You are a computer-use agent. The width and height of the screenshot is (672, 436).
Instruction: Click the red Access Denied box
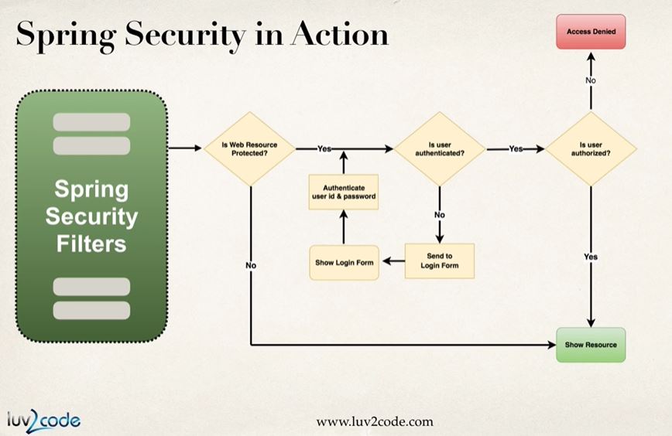pyautogui.click(x=591, y=32)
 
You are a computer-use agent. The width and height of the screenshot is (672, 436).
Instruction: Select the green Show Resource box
pyautogui.click(x=591, y=344)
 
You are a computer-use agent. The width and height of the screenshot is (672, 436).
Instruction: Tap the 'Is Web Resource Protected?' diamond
pyautogui.click(x=249, y=148)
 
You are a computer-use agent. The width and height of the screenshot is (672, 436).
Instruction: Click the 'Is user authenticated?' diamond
pyautogui.click(x=440, y=148)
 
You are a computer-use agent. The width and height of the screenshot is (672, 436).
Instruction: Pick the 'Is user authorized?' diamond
pyautogui.click(x=591, y=148)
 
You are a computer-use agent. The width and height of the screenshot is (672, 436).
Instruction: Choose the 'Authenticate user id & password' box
pyautogui.click(x=338, y=191)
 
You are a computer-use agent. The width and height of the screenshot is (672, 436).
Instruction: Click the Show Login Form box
pyautogui.click(x=345, y=263)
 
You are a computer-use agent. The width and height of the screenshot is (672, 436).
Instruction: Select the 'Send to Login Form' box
pyautogui.click(x=439, y=261)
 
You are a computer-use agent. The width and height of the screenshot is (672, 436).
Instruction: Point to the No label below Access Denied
pyautogui.click(x=591, y=80)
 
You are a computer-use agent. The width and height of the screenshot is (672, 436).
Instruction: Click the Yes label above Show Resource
pyautogui.click(x=591, y=256)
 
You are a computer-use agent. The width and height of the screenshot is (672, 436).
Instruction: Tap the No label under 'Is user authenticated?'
pyautogui.click(x=440, y=214)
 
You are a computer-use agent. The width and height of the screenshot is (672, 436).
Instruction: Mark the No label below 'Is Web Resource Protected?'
pyautogui.click(x=251, y=265)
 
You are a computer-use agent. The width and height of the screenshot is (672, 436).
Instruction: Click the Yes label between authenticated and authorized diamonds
pyautogui.click(x=516, y=148)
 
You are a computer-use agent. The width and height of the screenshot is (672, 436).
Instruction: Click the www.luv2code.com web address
pyautogui.click(x=374, y=421)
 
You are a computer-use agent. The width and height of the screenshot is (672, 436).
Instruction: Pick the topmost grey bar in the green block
pyautogui.click(x=91, y=121)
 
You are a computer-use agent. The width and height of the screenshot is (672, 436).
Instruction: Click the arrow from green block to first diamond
pyautogui.click(x=183, y=148)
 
